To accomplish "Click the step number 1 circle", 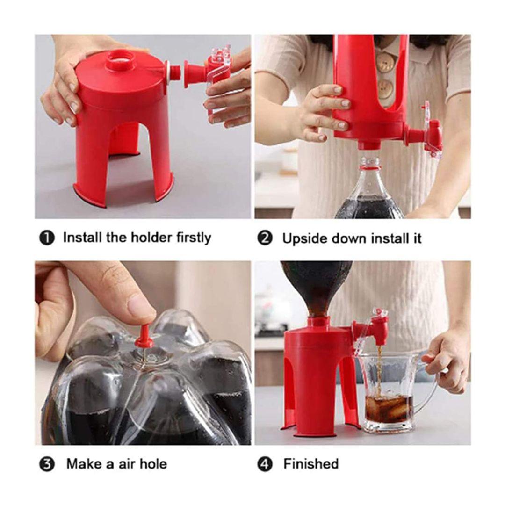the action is click(47, 238).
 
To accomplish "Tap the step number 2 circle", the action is click(265, 238).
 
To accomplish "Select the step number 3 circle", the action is click(47, 465).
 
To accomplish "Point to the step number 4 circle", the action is click(265, 465).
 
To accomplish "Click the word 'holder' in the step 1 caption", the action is click(151, 238).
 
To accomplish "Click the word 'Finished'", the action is click(311, 464).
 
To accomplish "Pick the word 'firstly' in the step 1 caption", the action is click(194, 238).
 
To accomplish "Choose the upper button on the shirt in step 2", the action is click(385, 63).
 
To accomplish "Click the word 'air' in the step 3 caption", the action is click(127, 464).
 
